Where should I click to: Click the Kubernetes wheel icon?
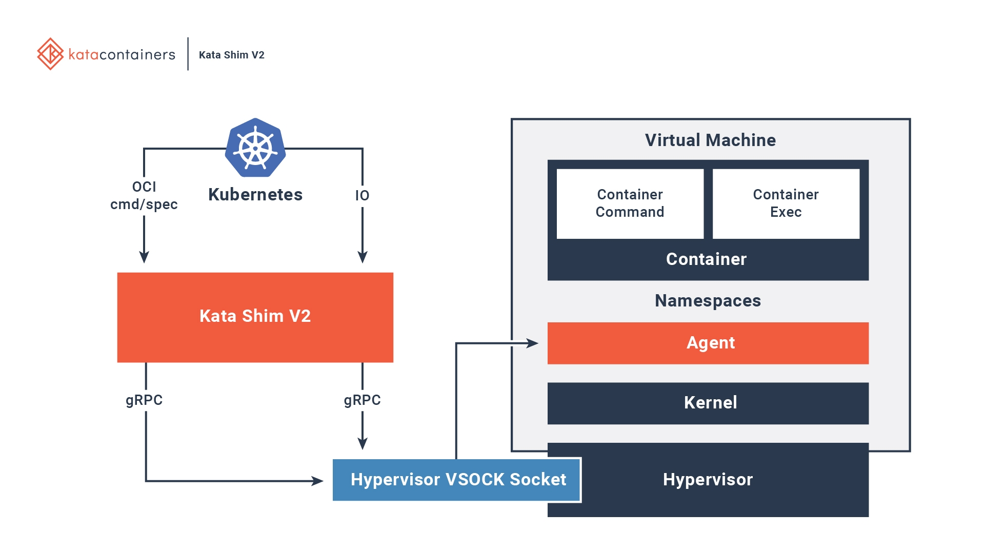(x=255, y=148)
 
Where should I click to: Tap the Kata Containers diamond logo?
(x=50, y=54)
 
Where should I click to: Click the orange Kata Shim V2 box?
(x=255, y=317)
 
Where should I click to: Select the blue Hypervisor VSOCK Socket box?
(x=456, y=480)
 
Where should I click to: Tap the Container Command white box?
(x=630, y=203)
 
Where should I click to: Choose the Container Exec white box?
(x=786, y=203)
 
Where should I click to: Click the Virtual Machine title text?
(x=710, y=140)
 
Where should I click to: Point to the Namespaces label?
(x=708, y=300)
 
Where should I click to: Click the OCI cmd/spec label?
(x=144, y=195)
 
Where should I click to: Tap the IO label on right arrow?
(x=362, y=195)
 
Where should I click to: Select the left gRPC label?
(x=144, y=400)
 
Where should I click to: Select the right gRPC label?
(x=362, y=400)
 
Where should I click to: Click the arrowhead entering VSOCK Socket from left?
(x=317, y=481)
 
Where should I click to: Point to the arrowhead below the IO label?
(x=363, y=257)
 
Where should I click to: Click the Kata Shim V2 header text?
(x=231, y=55)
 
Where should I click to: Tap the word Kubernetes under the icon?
(x=255, y=195)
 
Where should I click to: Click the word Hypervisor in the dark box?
(x=708, y=480)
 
